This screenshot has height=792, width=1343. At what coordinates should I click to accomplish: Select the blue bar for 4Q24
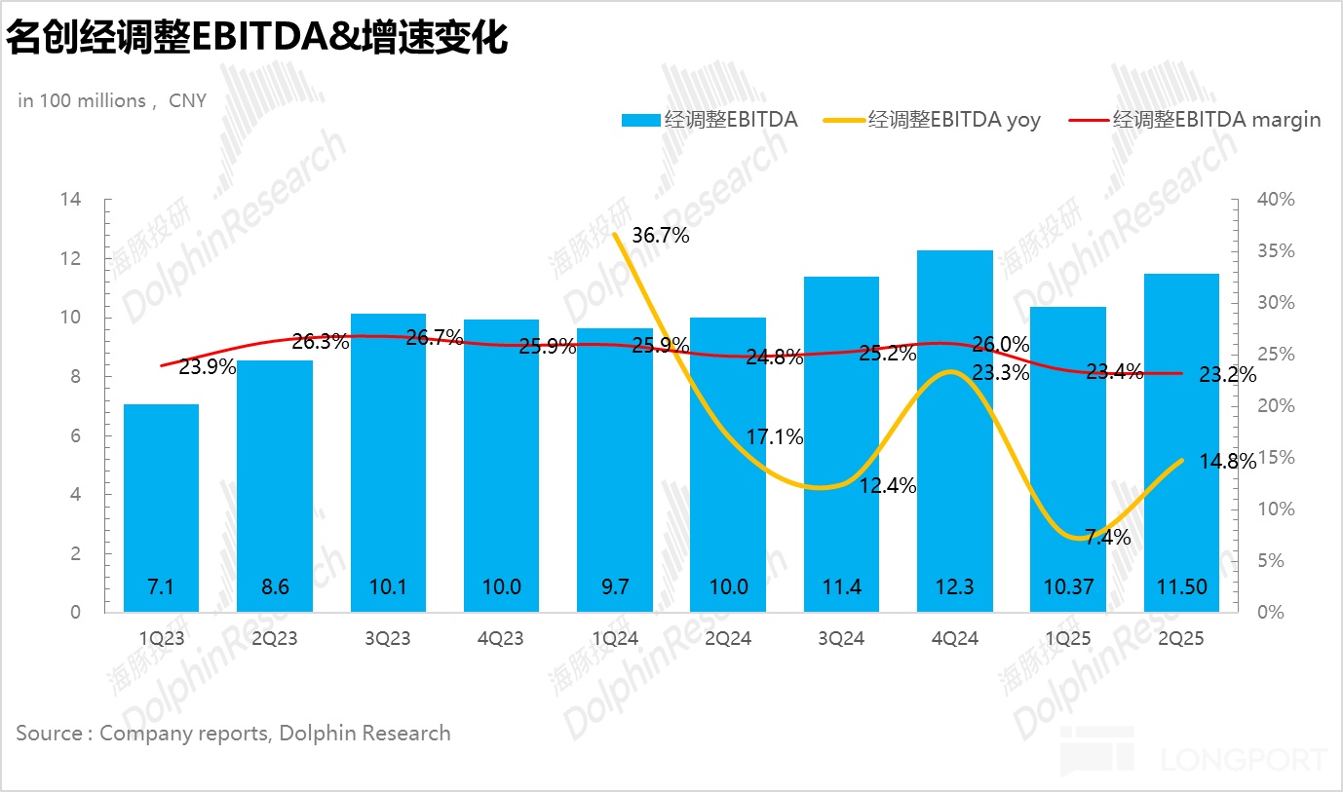(x=954, y=429)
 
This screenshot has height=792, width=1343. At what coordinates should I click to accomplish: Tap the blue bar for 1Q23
(x=161, y=507)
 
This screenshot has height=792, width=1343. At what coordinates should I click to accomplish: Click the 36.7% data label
(x=660, y=235)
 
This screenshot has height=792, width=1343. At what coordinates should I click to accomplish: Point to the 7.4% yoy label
(x=1107, y=537)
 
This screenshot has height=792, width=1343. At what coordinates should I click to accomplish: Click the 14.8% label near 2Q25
(x=1228, y=462)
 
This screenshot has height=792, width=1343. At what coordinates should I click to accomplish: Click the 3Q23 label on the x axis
(x=388, y=639)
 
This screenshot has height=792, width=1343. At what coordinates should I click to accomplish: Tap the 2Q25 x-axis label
(x=1182, y=639)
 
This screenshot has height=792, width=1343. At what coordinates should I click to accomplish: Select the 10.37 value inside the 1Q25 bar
(x=1068, y=587)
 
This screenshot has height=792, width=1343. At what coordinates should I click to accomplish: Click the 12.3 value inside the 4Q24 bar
(x=955, y=587)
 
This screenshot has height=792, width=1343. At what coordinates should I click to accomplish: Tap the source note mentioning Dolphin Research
(x=233, y=733)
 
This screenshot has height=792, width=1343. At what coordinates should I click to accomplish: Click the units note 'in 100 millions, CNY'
(x=112, y=100)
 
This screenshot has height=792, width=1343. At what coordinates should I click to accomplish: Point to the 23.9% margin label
(x=207, y=367)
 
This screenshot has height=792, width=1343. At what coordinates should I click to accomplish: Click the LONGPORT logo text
(x=1244, y=759)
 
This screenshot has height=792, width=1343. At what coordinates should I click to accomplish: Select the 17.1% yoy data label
(x=775, y=437)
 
